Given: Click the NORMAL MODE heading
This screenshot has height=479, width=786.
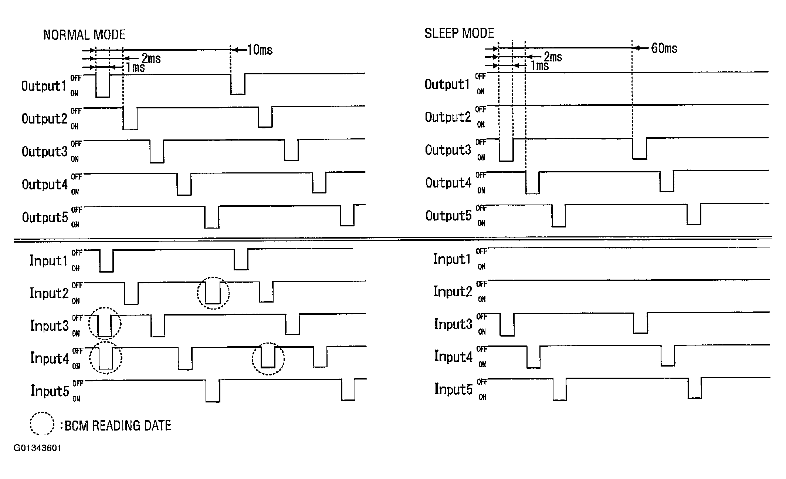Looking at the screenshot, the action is point(84,35).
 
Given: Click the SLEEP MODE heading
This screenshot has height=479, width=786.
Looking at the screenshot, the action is point(459,33).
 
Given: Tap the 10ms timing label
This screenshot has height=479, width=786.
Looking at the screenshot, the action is point(260,50).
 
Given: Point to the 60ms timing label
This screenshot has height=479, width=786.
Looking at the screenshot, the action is point(664,48).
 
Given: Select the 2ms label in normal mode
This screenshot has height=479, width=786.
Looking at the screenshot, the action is point(151,58).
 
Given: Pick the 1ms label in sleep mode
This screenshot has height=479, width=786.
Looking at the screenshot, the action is point(540,66).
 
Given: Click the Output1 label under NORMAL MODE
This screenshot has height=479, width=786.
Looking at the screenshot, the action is point(44,86).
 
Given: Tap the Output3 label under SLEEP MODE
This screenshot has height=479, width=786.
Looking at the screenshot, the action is point(448,150).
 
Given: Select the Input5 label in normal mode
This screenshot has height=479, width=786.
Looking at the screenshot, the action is point(50,391).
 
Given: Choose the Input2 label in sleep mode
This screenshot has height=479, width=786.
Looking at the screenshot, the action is point(453,291).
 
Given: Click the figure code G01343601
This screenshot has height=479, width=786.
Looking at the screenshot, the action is point(37,448).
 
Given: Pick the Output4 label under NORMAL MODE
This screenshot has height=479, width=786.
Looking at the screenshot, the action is point(45,184).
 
